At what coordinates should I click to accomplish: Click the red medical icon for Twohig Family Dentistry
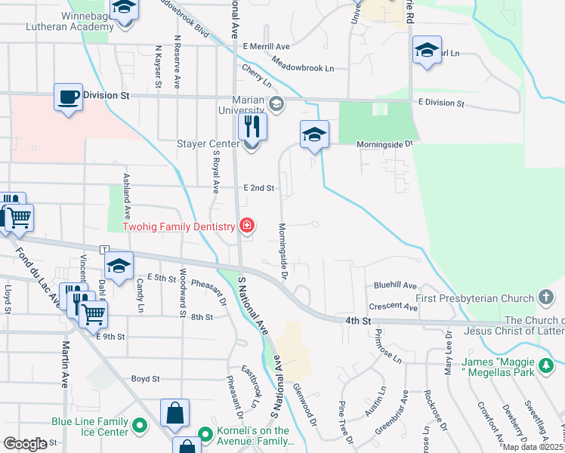pos(245,225)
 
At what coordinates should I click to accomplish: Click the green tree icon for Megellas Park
pos(546,366)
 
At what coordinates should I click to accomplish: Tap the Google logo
pos(25,444)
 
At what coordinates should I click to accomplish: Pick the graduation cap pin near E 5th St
pos(119,267)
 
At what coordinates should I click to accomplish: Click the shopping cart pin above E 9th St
pos(93,315)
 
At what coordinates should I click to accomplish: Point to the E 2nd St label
pos(258,188)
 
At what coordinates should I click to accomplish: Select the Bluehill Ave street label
pos(396,286)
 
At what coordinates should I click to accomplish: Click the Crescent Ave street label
pos(394,307)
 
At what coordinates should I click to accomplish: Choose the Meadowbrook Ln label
pos(304,68)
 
